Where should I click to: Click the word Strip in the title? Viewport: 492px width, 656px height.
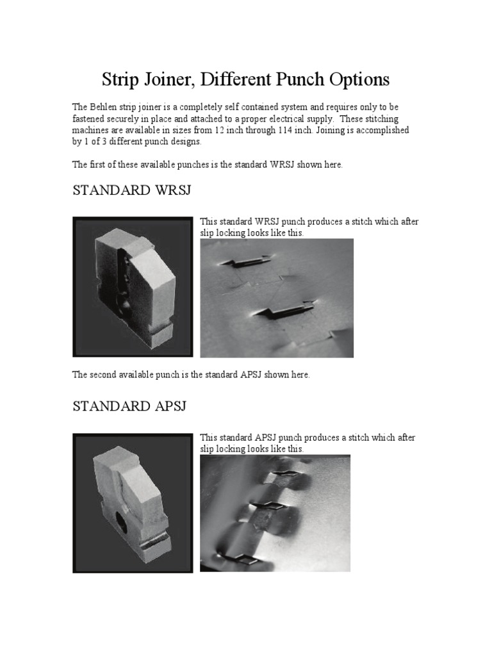point(119,80)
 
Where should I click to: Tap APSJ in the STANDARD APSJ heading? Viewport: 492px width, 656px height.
point(165,407)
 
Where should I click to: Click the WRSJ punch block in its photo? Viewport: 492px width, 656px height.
point(133,286)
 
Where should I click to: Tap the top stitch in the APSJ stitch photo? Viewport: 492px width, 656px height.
point(282,475)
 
